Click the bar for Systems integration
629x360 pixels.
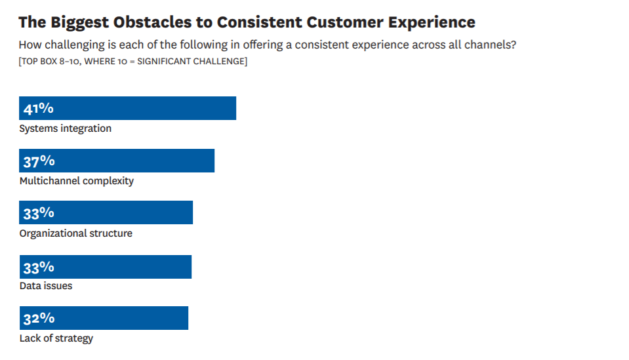(x=127, y=108)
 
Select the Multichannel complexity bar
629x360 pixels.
(x=117, y=161)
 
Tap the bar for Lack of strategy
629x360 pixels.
(x=104, y=318)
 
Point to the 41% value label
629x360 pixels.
(x=39, y=109)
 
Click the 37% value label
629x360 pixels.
(x=39, y=161)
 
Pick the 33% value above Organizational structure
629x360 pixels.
(x=39, y=213)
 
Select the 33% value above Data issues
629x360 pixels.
(x=39, y=268)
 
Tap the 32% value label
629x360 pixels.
(x=39, y=319)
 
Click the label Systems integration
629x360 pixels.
(x=66, y=129)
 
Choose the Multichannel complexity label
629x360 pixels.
(x=77, y=181)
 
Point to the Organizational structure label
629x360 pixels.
(x=76, y=233)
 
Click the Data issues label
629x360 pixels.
(x=46, y=286)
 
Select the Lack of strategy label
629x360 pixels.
(x=56, y=338)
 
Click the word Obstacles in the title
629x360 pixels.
(x=152, y=22)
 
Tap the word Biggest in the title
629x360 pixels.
(x=80, y=23)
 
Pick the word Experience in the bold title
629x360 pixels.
(x=432, y=23)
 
